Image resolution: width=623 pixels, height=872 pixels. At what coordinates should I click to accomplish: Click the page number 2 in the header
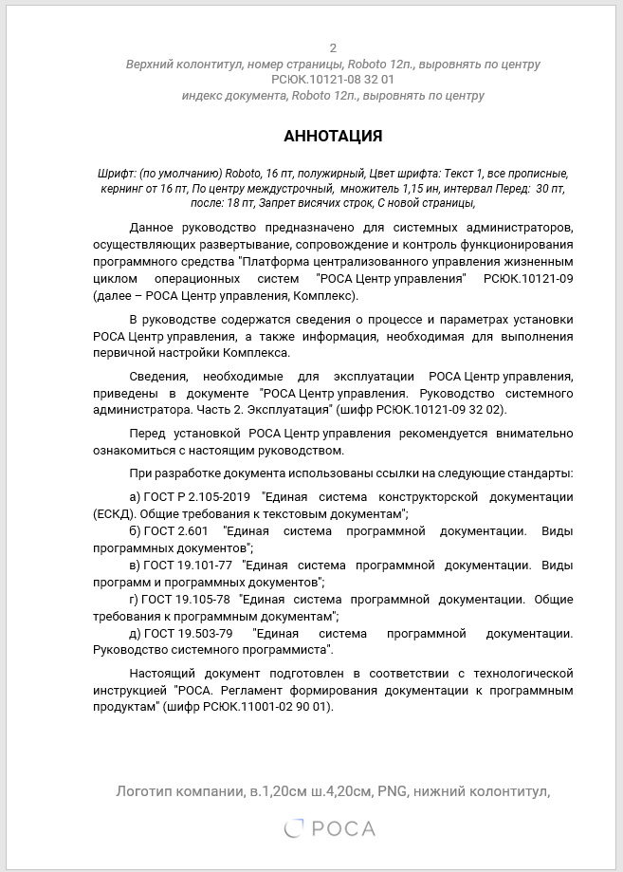pos(333,48)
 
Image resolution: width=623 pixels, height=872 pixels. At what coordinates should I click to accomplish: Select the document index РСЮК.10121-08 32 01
pos(333,80)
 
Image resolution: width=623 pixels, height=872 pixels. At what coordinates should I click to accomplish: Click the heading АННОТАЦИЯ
pos(333,137)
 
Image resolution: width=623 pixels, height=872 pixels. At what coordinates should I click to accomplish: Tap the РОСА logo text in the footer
pos(343,829)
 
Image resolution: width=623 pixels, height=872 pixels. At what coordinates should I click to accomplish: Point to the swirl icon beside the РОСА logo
pos(295,829)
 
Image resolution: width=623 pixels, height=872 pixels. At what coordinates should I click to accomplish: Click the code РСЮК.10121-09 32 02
pos(453,409)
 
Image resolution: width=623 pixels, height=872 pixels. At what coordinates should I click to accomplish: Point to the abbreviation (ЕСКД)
pos(114,513)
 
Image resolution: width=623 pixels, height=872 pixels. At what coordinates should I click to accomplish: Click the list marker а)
pos(134,497)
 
